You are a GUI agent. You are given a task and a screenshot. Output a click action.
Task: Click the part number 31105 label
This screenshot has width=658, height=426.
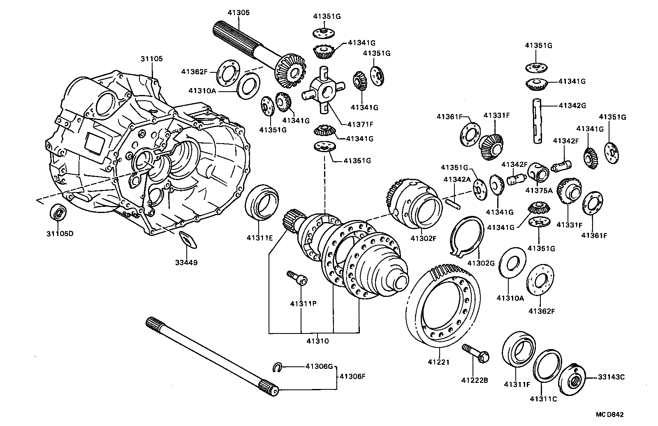point(151,59)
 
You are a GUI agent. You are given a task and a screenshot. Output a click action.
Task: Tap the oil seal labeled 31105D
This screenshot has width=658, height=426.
point(58,213)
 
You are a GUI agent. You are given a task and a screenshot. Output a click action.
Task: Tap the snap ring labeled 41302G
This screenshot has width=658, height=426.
point(466,236)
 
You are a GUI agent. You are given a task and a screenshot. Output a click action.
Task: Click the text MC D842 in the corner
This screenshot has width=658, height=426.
point(614,415)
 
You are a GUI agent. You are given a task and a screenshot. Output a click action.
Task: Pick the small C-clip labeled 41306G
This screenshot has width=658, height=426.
point(277,367)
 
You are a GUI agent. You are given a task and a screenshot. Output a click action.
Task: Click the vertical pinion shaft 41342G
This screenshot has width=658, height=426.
point(538,121)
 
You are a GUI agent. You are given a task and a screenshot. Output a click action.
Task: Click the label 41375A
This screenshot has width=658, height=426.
point(539,190)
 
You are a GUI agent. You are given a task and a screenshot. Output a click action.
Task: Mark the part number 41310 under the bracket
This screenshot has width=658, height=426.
point(317,341)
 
